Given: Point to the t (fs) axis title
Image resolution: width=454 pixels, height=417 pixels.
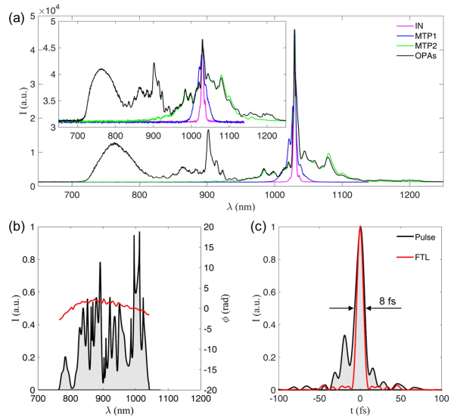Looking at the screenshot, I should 360,411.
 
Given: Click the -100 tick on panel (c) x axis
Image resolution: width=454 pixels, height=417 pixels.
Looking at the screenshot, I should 281,400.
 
